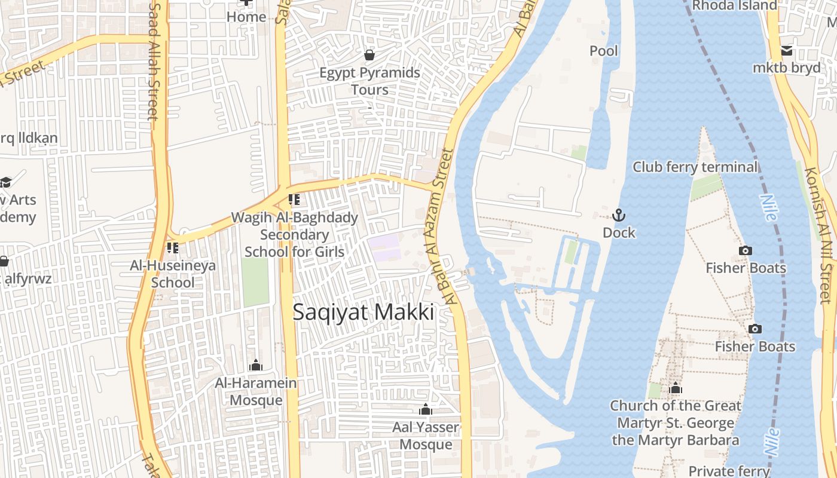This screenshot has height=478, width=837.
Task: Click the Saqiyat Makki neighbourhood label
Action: pos(363,312)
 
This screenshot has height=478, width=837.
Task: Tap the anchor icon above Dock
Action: pos(619,215)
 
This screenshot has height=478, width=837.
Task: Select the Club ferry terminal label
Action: pos(695,167)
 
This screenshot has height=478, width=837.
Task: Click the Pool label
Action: pos(604,51)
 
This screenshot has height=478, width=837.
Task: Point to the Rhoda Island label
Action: pos(734,5)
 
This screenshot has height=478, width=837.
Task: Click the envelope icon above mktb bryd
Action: pos(786,50)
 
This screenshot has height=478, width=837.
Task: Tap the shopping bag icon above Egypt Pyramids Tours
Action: pos(369,55)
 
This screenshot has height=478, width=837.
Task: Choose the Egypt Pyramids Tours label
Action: pos(369,81)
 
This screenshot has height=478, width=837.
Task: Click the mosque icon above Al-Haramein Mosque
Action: pos(256,365)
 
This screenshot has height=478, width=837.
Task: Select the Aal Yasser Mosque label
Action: pos(426,436)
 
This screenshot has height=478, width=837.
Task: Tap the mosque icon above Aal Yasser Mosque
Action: pos(426,409)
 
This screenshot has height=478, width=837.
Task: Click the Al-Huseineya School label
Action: pos(173,274)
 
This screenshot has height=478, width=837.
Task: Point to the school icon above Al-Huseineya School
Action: pos(173,247)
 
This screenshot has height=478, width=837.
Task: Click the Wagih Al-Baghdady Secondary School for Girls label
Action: pos(294,234)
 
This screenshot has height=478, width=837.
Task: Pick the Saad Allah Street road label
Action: pos(154,60)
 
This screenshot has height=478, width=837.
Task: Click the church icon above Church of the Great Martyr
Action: pos(676,388)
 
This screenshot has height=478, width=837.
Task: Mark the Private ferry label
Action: pos(729,471)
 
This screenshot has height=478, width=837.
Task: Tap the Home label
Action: pos(246,17)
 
